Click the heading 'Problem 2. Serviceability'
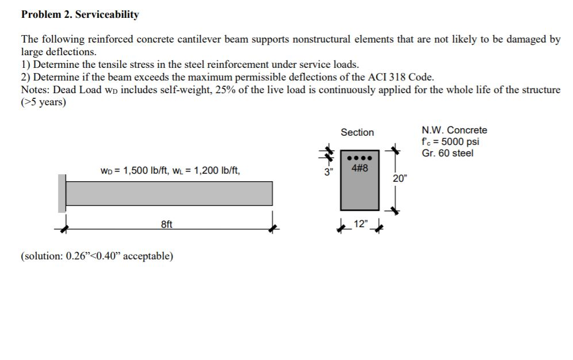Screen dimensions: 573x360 80,14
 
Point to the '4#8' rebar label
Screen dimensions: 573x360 359,168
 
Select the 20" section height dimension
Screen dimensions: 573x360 399,178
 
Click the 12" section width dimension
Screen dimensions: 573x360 360,224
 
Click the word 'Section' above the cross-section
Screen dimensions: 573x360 357,132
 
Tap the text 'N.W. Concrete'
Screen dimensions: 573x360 454,130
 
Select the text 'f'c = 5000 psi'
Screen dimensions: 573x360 451,141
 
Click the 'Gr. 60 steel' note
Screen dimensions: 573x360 448,153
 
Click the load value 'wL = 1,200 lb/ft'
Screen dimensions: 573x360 209,170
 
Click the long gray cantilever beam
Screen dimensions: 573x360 169,193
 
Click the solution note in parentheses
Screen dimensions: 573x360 97,256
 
